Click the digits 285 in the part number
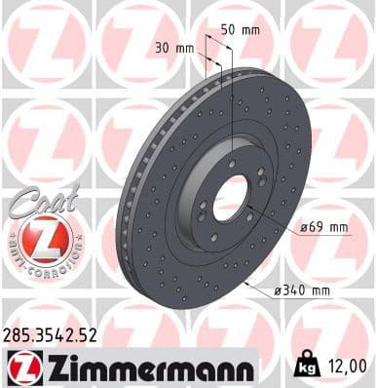point(19,338)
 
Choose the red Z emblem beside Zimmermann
point(19,367)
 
